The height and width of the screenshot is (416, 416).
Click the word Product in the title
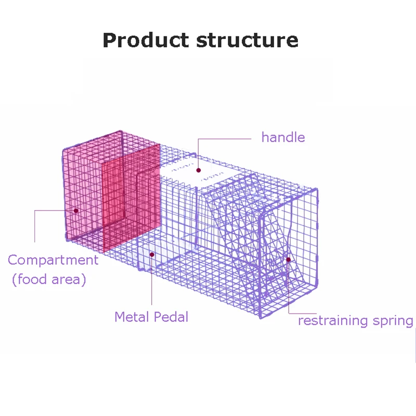click(x=146, y=41)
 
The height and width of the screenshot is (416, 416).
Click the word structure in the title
click(x=248, y=41)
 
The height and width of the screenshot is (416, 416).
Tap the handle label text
click(x=283, y=137)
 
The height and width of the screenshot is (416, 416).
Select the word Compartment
click(x=53, y=260)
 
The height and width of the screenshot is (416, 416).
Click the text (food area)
click(x=49, y=279)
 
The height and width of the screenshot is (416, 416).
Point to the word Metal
click(x=132, y=317)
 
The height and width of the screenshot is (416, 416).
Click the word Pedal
click(x=171, y=317)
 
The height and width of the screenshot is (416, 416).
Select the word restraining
click(x=333, y=320)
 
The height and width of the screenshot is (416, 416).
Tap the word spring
click(x=393, y=321)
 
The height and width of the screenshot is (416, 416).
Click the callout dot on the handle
click(x=199, y=171)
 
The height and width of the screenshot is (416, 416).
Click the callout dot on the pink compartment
click(x=76, y=211)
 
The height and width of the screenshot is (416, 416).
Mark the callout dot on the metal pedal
click(x=152, y=255)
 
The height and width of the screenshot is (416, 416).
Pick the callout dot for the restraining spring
click(x=289, y=259)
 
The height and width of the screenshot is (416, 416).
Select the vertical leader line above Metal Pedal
click(x=152, y=280)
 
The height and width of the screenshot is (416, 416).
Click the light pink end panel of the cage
click(x=82, y=191)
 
